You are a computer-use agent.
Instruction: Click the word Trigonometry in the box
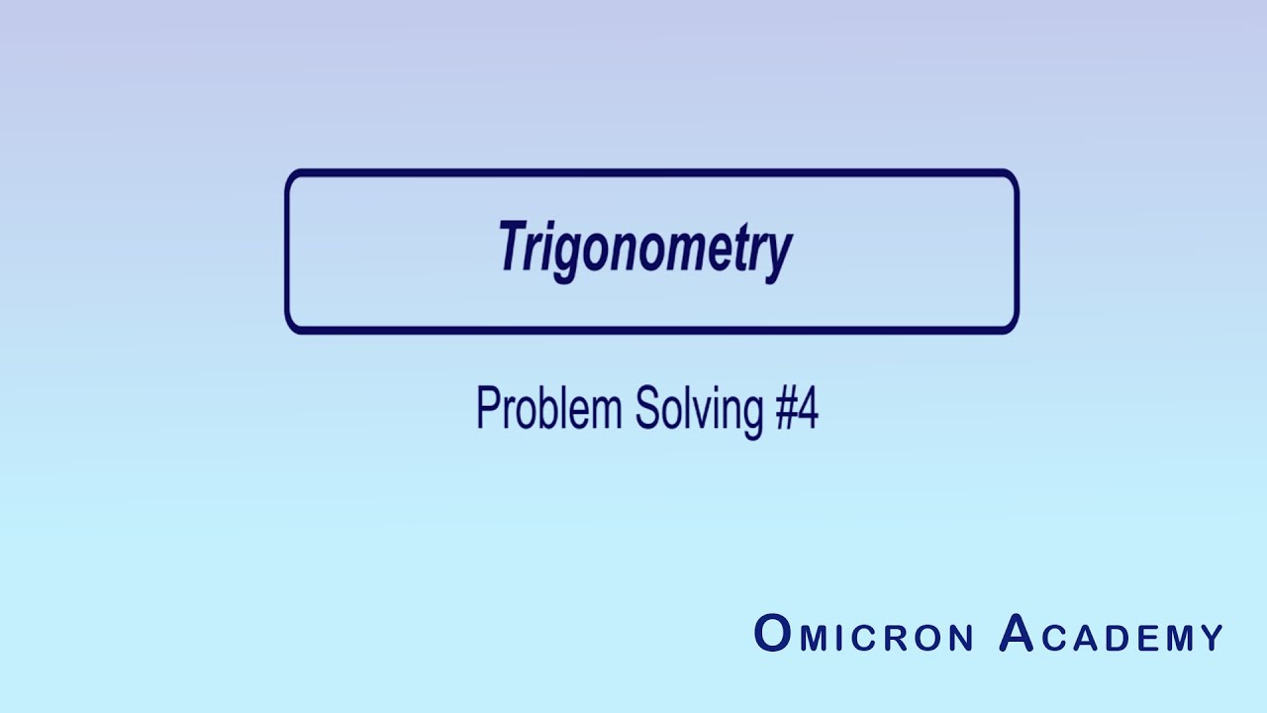645,248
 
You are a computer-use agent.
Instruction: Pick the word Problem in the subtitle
549,408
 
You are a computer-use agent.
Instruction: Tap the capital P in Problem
486,408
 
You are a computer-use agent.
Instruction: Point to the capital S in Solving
645,408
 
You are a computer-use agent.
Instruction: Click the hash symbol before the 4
784,408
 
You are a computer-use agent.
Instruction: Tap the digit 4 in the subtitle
808,408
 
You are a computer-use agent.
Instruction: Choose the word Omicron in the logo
864,635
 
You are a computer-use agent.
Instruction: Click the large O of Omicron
772,634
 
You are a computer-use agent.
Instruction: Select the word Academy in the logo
1112,635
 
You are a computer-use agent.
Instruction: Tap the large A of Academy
1017,634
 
